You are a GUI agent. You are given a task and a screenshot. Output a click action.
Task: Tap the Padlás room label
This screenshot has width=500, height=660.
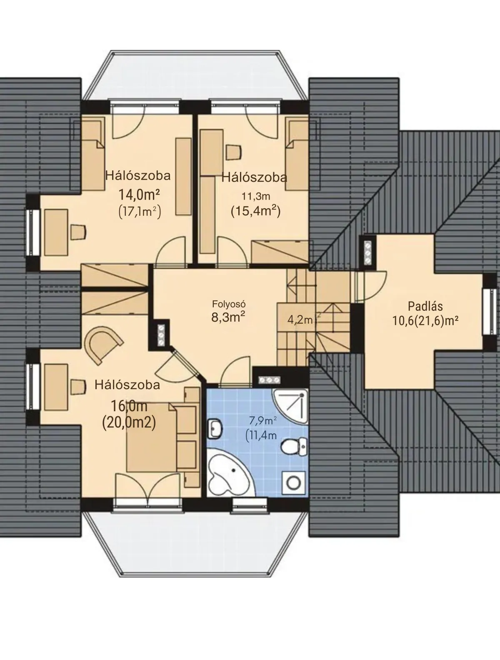coord(425,306)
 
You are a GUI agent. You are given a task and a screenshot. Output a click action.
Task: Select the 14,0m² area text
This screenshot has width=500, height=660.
coord(139,195)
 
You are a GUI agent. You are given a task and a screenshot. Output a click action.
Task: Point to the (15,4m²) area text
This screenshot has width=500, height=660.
coord(255,211)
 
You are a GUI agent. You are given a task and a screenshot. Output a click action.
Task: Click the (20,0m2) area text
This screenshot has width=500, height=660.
coord(129,423)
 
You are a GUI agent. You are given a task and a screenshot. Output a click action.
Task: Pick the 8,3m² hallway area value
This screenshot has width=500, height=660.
coord(228,317)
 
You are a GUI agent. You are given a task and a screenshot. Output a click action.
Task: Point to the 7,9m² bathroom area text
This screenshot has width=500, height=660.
coord(263,420)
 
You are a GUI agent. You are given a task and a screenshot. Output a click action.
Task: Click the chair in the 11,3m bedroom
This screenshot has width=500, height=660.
coord(233,152)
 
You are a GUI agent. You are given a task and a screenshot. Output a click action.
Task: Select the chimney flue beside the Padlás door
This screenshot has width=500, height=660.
coord(367,253)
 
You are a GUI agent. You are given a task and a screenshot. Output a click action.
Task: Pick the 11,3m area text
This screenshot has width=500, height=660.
coord(256,196)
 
